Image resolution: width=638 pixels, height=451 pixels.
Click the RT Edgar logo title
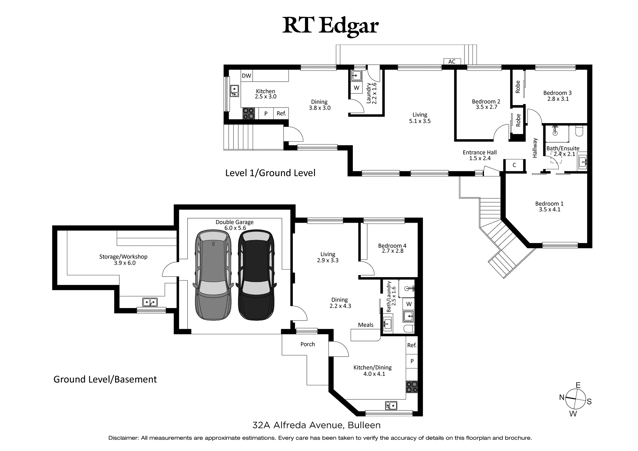coord(330,26)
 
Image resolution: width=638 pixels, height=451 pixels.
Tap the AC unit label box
coord(452,62)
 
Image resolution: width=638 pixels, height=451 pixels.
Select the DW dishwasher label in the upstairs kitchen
coord(246,76)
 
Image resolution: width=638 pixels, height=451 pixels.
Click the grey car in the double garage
coord(213,275)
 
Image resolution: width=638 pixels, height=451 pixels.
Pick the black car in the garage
coord(256,275)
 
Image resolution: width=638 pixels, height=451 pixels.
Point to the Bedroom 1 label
coord(549,206)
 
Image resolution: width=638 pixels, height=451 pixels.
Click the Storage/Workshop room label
coord(123,260)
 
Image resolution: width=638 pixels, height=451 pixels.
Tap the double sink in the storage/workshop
coord(150,302)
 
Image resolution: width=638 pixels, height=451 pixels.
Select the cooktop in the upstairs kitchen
coord(249,114)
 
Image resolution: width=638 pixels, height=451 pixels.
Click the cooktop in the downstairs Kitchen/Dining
coord(412,387)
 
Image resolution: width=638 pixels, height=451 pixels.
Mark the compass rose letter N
coord(562,397)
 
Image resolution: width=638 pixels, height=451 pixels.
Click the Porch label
coord(308,344)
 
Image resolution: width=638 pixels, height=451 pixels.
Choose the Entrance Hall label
coord(480,155)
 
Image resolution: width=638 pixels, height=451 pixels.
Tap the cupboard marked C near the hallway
coord(514,165)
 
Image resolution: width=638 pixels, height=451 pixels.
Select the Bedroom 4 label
coord(392,248)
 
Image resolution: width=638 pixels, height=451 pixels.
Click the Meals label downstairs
coord(366,325)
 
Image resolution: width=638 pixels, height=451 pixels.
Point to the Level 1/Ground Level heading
coord(270,173)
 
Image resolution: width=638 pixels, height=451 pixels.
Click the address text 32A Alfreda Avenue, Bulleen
coord(316,425)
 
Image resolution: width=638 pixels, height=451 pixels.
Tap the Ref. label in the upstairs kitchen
coord(281,114)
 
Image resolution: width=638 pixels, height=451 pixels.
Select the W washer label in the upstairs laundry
coord(357,88)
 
